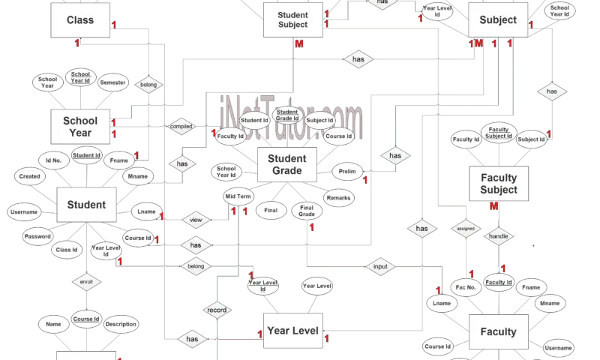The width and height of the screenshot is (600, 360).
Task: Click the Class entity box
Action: coord(80,20)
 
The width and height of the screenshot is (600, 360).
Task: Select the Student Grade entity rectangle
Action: coord(286,165)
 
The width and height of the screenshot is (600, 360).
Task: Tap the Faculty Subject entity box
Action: coord(499,184)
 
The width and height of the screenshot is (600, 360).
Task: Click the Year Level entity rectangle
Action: coord(293,331)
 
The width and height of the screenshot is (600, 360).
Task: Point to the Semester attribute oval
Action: coord(113,83)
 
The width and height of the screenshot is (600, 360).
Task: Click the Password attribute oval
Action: coord(37,236)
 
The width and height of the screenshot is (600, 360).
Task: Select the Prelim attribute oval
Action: coord(346,172)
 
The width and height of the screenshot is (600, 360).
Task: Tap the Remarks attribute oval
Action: coord(337,198)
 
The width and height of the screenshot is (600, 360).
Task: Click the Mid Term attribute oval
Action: coord(238,196)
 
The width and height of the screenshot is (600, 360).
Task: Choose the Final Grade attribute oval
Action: coord(307,211)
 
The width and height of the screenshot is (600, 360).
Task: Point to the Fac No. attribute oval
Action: coord(466,287)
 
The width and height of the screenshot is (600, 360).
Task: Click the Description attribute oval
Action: coord(121,324)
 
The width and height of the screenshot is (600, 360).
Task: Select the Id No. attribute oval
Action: coord(53,160)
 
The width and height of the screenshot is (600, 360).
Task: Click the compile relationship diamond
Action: coord(181,127)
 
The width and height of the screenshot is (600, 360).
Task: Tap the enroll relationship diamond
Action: coord(85,283)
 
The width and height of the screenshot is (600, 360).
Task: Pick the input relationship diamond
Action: coord(381,266)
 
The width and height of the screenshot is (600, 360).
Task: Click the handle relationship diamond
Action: coord(499,236)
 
